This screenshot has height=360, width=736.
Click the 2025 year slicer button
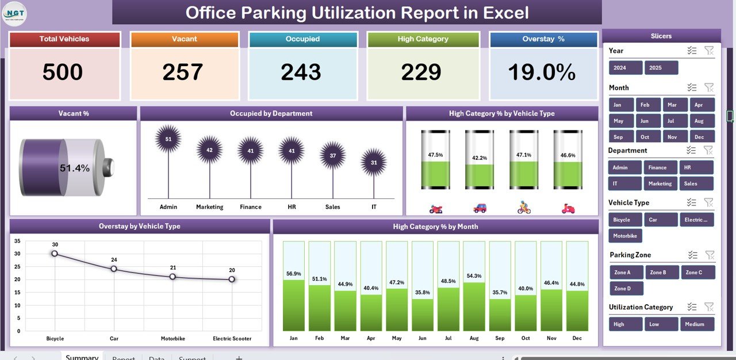click(x=661, y=68)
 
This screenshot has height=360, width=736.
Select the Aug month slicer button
click(x=699, y=121)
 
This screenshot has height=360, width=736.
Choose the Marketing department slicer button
click(x=660, y=183)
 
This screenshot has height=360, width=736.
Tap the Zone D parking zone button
click(x=626, y=289)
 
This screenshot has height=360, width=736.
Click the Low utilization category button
click(x=661, y=324)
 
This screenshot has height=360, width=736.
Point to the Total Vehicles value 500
click(x=63, y=72)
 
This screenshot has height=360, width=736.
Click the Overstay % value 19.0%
click(x=542, y=72)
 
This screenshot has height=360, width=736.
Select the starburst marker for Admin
click(x=168, y=139)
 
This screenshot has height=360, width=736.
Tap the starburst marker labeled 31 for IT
click(x=374, y=163)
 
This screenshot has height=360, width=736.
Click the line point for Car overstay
click(x=114, y=269)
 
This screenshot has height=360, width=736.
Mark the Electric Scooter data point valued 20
click(x=232, y=279)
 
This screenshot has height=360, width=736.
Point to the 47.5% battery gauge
click(x=435, y=159)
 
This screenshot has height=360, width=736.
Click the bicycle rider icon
click(x=524, y=208)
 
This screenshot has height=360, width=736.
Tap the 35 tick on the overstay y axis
click(x=17, y=241)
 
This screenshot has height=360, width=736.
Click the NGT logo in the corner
click(x=14, y=14)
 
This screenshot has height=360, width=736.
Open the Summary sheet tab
click(x=82, y=357)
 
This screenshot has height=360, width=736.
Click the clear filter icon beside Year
click(x=709, y=51)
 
